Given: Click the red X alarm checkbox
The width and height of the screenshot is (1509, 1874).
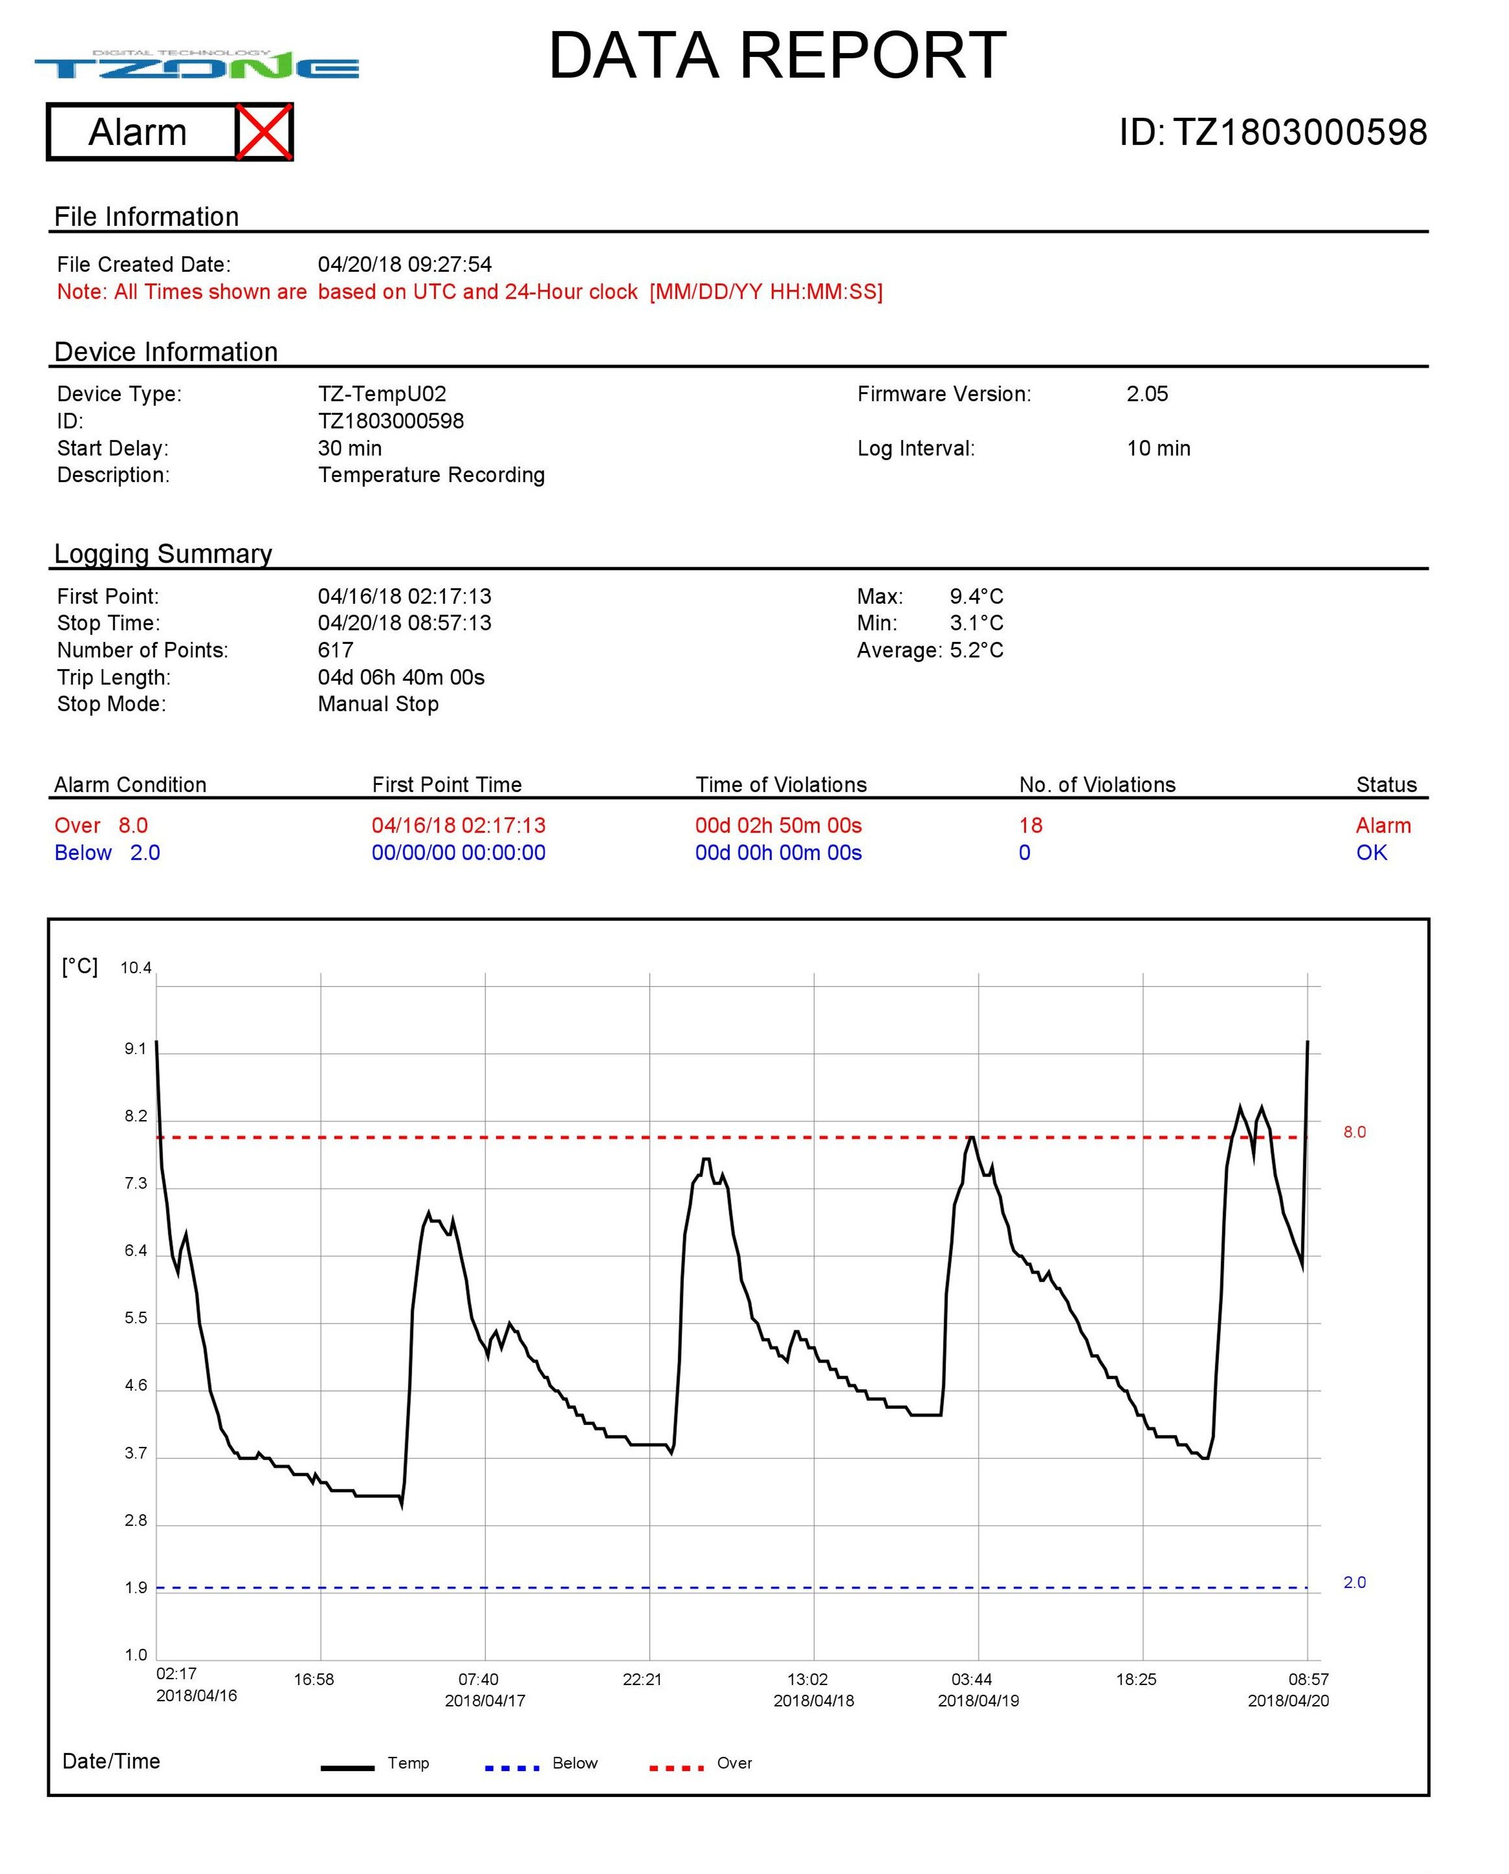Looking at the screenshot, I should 264,132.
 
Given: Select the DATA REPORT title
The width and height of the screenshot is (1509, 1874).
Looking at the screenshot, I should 777,56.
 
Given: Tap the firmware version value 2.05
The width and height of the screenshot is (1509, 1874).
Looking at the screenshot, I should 1147,393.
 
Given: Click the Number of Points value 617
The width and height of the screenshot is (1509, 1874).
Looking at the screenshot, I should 336,650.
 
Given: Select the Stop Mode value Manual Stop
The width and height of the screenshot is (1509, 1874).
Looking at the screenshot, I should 378,704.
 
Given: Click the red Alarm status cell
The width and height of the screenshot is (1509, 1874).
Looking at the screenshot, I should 1383,826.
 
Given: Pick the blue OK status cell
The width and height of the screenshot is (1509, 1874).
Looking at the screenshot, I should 1372,853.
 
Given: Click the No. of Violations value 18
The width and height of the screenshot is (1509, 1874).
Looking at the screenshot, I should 1030,826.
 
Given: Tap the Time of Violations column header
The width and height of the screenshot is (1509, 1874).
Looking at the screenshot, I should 780,785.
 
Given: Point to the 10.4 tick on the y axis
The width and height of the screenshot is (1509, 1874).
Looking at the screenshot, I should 136,968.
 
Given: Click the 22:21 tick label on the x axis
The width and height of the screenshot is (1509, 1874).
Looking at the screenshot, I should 643,1679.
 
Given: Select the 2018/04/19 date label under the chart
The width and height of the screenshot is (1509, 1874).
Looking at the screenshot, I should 978,1701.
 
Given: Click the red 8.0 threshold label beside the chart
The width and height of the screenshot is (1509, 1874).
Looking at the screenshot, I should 1354,1132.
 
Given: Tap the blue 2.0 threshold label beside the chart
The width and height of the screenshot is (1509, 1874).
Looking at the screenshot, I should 1354,1582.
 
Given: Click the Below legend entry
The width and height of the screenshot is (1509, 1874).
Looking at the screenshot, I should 575,1763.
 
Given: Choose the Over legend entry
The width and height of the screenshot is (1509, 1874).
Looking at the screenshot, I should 734,1763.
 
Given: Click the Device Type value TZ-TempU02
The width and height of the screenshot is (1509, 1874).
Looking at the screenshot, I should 382,393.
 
